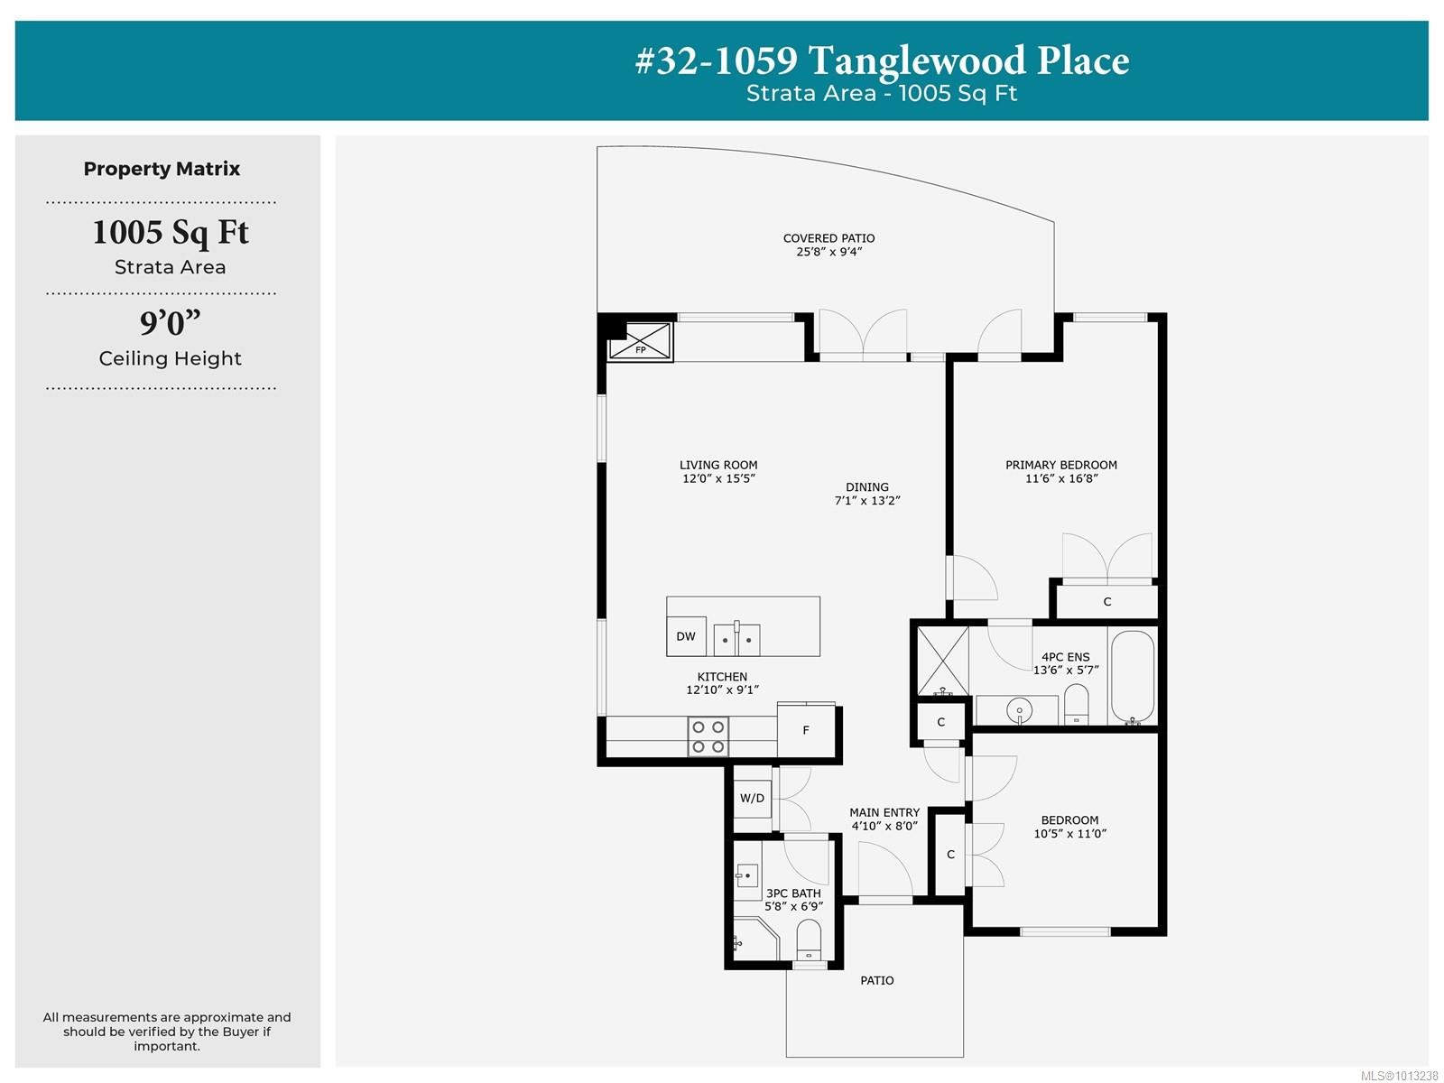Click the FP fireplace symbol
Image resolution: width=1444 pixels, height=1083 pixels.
tap(640, 342)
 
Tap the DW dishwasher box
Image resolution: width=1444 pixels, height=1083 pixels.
tap(686, 636)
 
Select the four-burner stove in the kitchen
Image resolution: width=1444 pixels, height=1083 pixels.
tap(708, 736)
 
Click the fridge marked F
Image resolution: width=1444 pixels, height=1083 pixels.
tap(806, 730)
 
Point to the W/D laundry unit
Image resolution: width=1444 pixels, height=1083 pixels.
tap(752, 798)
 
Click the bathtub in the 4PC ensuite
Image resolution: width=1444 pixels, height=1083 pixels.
tap(1132, 677)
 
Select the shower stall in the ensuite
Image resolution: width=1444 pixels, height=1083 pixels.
tap(943, 662)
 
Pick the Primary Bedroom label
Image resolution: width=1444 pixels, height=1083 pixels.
tap(1061, 465)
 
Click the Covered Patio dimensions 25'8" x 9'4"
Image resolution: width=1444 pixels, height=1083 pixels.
tap(828, 252)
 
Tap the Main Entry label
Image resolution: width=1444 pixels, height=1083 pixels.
tap(884, 812)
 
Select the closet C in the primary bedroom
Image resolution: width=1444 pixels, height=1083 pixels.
tap(1107, 602)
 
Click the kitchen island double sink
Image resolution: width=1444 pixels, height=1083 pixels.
tap(737, 639)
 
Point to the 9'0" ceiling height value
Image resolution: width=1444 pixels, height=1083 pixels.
tap(170, 323)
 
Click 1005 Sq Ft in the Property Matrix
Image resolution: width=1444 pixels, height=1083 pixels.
tap(170, 233)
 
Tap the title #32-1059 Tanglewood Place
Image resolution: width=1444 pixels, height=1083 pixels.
tap(882, 61)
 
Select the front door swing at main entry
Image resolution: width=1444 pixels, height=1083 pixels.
tap(884, 871)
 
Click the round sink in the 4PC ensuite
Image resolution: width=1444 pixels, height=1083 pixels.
tap(1019, 711)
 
